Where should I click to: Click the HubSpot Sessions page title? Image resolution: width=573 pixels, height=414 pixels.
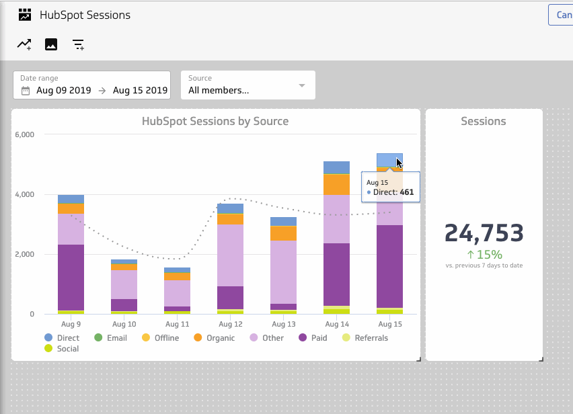click(x=85, y=15)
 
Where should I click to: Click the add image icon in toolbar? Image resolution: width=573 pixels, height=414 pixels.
click(x=51, y=44)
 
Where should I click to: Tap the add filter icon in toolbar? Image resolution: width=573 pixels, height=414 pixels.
click(x=79, y=45)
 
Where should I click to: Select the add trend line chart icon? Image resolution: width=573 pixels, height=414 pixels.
click(x=24, y=44)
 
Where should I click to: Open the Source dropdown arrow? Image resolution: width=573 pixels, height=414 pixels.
click(x=302, y=85)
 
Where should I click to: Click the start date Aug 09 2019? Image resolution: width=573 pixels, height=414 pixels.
click(x=64, y=90)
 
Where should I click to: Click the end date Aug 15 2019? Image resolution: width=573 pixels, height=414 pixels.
click(x=140, y=90)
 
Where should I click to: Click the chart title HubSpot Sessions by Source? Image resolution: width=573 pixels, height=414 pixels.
click(x=215, y=122)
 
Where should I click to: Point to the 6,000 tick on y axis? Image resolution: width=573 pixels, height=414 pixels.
click(x=24, y=134)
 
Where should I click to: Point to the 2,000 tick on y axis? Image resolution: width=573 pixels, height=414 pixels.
click(x=24, y=254)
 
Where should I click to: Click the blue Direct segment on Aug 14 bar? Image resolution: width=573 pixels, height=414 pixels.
click(x=336, y=167)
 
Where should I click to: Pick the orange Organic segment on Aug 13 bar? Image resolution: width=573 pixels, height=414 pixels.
click(x=283, y=233)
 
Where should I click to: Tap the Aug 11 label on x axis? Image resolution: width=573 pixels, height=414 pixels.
click(x=176, y=324)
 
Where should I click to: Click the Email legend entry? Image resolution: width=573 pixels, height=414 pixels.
click(x=116, y=338)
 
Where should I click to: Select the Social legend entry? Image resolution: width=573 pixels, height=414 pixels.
click(x=67, y=349)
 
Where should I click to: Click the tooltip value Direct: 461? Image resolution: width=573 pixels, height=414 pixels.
click(x=393, y=193)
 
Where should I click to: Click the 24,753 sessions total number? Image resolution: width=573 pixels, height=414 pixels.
click(x=484, y=233)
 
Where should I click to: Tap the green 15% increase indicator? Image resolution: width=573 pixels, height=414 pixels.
click(x=484, y=255)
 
